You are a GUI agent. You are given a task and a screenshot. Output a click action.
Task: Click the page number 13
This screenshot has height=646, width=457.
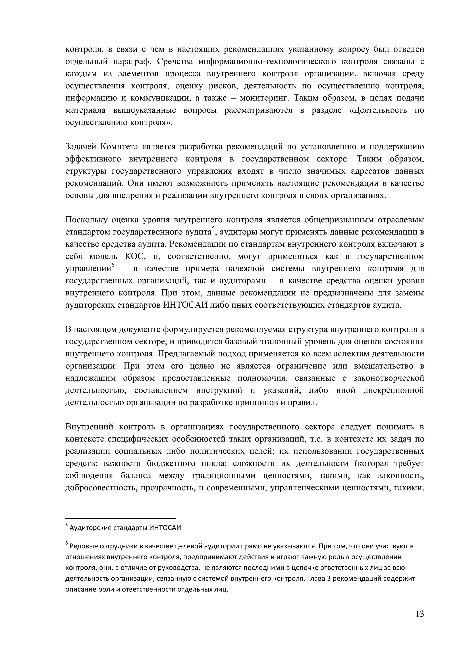pos(420,614)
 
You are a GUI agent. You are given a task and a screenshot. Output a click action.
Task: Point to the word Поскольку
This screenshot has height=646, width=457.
pos(85,220)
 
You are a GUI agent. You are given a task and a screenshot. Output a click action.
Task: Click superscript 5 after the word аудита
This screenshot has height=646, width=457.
pos(213,228)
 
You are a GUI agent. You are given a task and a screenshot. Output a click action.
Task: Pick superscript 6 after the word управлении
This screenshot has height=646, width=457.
pos(113,265)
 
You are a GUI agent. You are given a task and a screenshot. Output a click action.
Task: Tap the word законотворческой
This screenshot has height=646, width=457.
pos(389,378)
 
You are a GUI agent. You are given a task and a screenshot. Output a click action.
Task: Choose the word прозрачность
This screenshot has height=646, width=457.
pos(168,488)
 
